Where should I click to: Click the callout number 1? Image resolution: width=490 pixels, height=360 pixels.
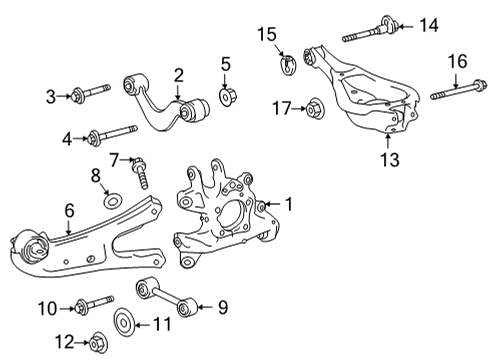tap(288, 205)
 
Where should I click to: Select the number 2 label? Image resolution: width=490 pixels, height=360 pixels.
tap(178, 74)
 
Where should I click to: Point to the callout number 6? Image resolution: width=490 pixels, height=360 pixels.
tap(68, 212)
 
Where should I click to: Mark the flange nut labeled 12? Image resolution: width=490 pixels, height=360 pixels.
tap(97, 342)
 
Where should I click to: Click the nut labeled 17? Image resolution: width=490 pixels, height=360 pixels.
tap(312, 107)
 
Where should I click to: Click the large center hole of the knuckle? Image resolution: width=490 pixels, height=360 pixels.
tap(236, 211)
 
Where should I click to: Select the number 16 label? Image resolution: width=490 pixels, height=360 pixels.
tap(457, 62)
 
